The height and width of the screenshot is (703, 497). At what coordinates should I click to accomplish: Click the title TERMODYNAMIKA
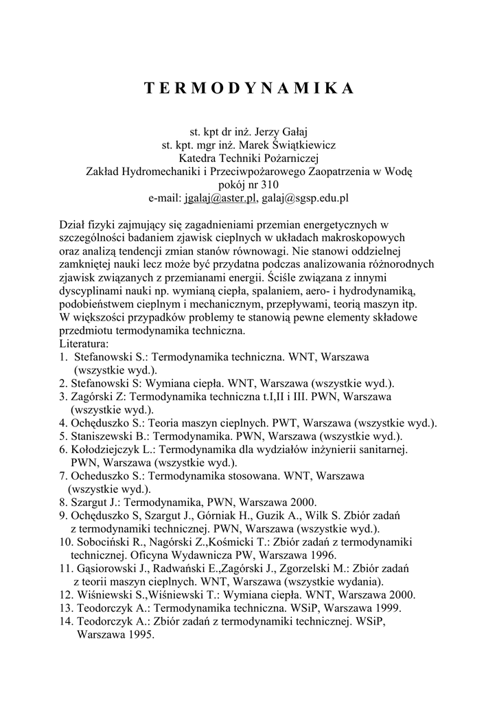(x=248, y=89)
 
